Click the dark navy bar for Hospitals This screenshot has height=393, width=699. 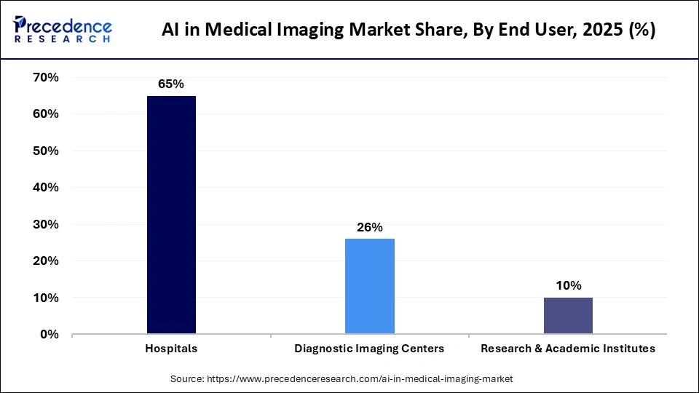coord(171,215)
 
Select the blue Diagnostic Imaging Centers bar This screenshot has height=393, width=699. coord(369,286)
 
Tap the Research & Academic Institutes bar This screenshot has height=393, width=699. coord(567,316)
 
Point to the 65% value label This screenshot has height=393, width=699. coord(171,84)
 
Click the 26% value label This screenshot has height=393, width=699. coord(369,227)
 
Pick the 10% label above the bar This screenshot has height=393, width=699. coord(567,286)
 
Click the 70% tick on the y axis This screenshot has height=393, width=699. coord(45,77)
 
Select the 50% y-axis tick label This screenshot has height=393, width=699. coord(45,151)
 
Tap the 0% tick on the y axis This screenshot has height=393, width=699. coord(49,334)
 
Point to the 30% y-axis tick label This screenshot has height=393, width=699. coord(45,224)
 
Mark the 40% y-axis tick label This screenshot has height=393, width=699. coord(45,188)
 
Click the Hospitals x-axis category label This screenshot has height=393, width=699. coord(171,349)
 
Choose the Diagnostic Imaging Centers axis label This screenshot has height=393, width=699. coord(369,349)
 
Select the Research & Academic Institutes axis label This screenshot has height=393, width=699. coord(567,349)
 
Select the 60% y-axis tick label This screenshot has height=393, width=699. coord(45,114)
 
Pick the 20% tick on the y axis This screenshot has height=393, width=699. coord(45,261)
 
